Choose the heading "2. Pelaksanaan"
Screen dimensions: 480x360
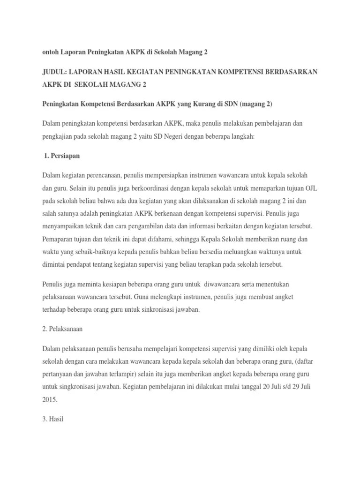[62, 329]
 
